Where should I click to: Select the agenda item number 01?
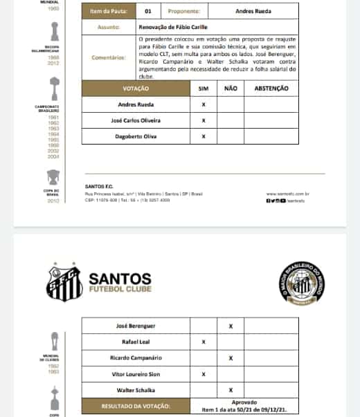click(x=148, y=11)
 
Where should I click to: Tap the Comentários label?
click(x=109, y=58)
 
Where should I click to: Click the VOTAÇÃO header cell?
click(x=136, y=89)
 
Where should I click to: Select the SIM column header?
click(x=203, y=89)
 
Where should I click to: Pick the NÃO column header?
click(x=231, y=89)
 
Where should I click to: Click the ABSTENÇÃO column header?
click(x=271, y=89)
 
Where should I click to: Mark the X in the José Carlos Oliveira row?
click(x=203, y=120)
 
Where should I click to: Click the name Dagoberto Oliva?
click(x=136, y=136)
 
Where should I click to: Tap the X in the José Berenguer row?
click(x=231, y=325)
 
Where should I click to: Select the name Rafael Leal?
click(x=136, y=342)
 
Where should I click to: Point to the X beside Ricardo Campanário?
click(x=231, y=358)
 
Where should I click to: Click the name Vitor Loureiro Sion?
click(x=136, y=374)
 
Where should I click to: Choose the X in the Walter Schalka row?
click(x=231, y=391)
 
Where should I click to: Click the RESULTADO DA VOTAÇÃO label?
click(x=136, y=407)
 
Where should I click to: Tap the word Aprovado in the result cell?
click(x=244, y=402)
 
